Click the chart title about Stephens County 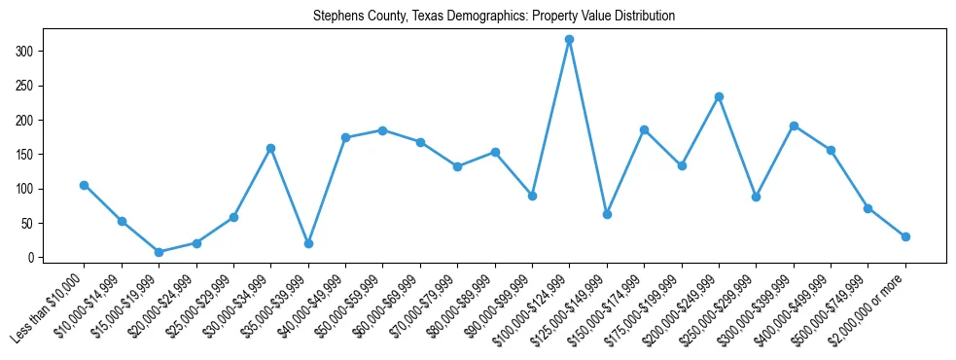(x=494, y=17)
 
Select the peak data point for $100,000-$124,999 (x=569, y=39)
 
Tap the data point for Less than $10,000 (x=84, y=185)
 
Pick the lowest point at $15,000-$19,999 (x=159, y=252)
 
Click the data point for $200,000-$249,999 (x=719, y=96)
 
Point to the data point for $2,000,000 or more (x=905, y=236)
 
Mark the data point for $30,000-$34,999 (x=270, y=148)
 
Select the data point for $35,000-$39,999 (x=308, y=243)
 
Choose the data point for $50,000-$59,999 (x=382, y=129)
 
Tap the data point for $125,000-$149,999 (x=607, y=214)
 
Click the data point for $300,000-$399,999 (x=794, y=126)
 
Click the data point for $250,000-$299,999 (x=756, y=197)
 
